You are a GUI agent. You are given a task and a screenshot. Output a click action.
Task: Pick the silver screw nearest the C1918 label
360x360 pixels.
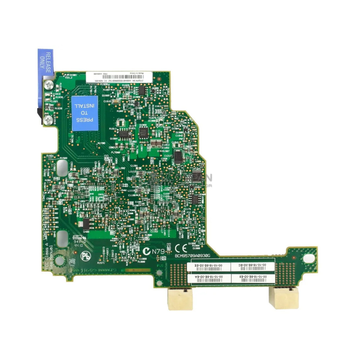point(47,116)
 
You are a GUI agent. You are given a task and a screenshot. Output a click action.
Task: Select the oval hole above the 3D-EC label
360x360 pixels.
point(309,258)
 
